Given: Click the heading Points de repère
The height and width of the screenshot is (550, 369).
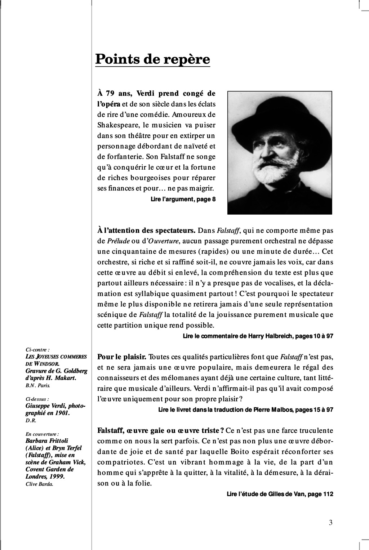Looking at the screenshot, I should click(x=152, y=59).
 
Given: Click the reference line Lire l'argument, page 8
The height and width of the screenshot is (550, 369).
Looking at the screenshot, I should click(x=183, y=199).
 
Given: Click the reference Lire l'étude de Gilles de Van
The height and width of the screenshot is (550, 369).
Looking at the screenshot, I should click(x=280, y=494).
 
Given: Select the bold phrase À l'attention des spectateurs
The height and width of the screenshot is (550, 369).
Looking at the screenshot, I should click(x=146, y=230).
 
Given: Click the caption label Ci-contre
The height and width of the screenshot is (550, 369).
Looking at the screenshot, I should click(x=38, y=349).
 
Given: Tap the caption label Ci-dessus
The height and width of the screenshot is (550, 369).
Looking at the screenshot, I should click(x=37, y=399).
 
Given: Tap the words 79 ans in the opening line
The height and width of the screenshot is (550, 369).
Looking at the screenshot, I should click(x=116, y=94).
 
